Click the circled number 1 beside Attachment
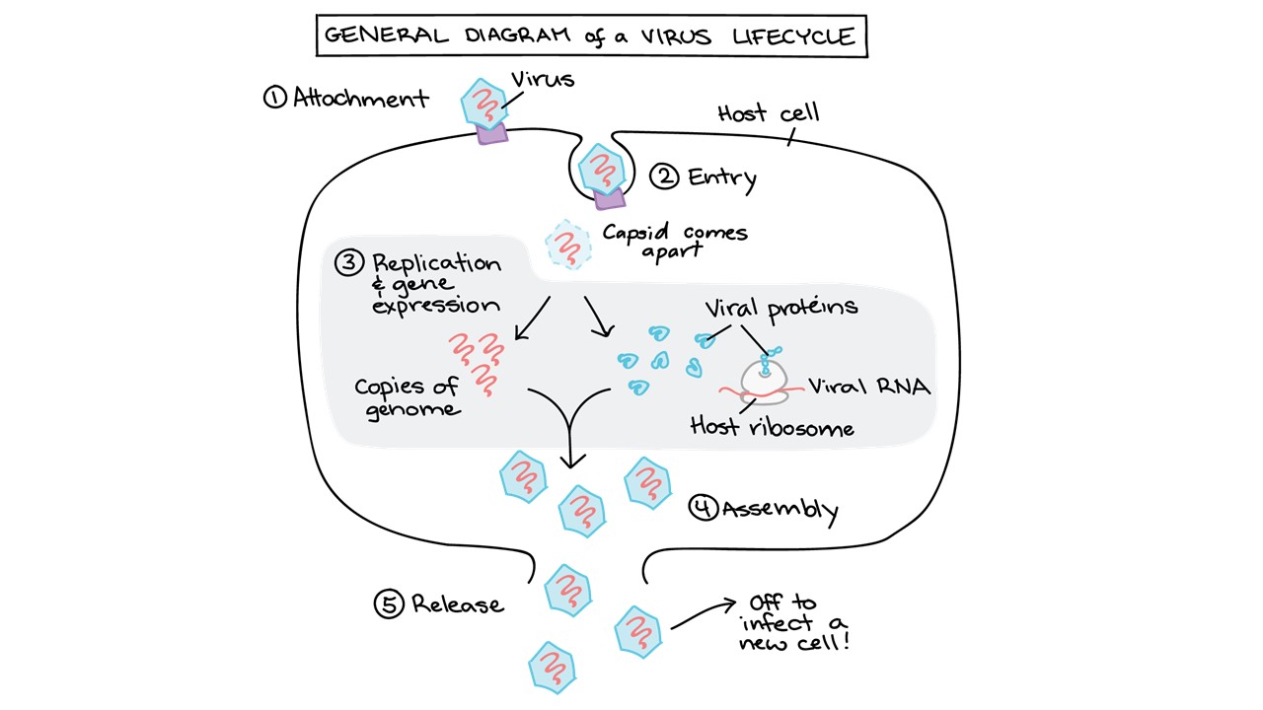274,97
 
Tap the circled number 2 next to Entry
665,177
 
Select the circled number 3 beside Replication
349,263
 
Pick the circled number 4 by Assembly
703,509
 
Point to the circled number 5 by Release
389,603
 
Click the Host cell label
769,113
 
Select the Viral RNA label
869,387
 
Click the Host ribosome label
772,427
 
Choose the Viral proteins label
780,307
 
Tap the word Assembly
780,510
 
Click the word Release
457,604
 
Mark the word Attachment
361,98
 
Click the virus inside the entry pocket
601,170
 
